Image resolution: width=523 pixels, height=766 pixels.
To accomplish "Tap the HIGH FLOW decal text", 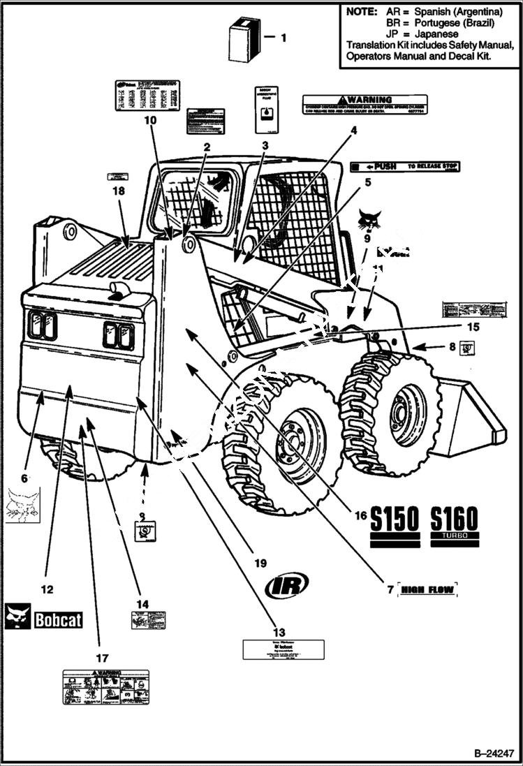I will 427,591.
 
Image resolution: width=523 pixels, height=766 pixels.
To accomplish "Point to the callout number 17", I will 102,658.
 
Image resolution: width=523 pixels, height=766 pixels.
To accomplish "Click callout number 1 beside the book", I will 283,38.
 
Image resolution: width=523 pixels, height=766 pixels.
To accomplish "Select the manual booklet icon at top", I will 244,40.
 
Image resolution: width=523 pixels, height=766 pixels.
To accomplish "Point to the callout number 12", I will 47,589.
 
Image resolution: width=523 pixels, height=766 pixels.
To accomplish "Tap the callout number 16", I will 360,516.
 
